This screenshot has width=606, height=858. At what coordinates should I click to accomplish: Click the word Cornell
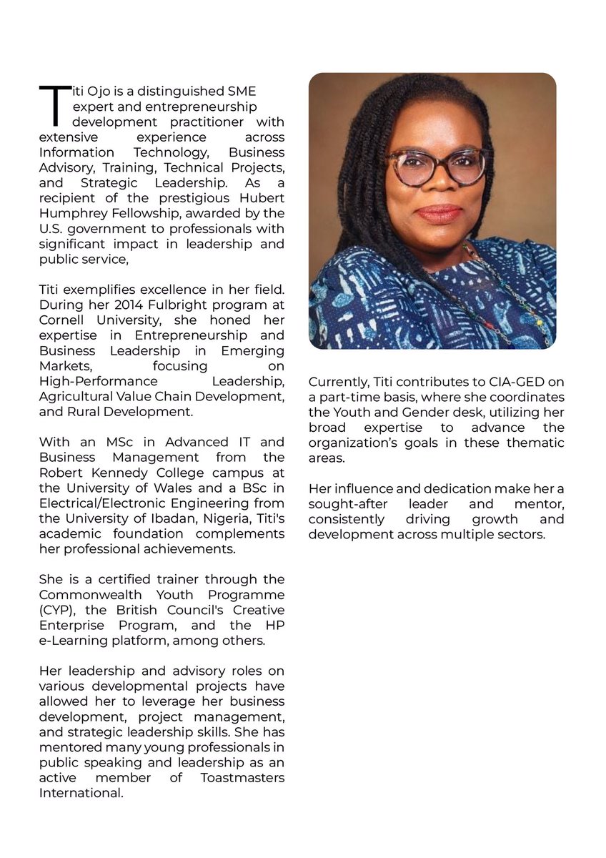[x=62, y=320]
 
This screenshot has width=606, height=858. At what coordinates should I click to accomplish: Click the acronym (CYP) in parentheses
[x=55, y=610]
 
